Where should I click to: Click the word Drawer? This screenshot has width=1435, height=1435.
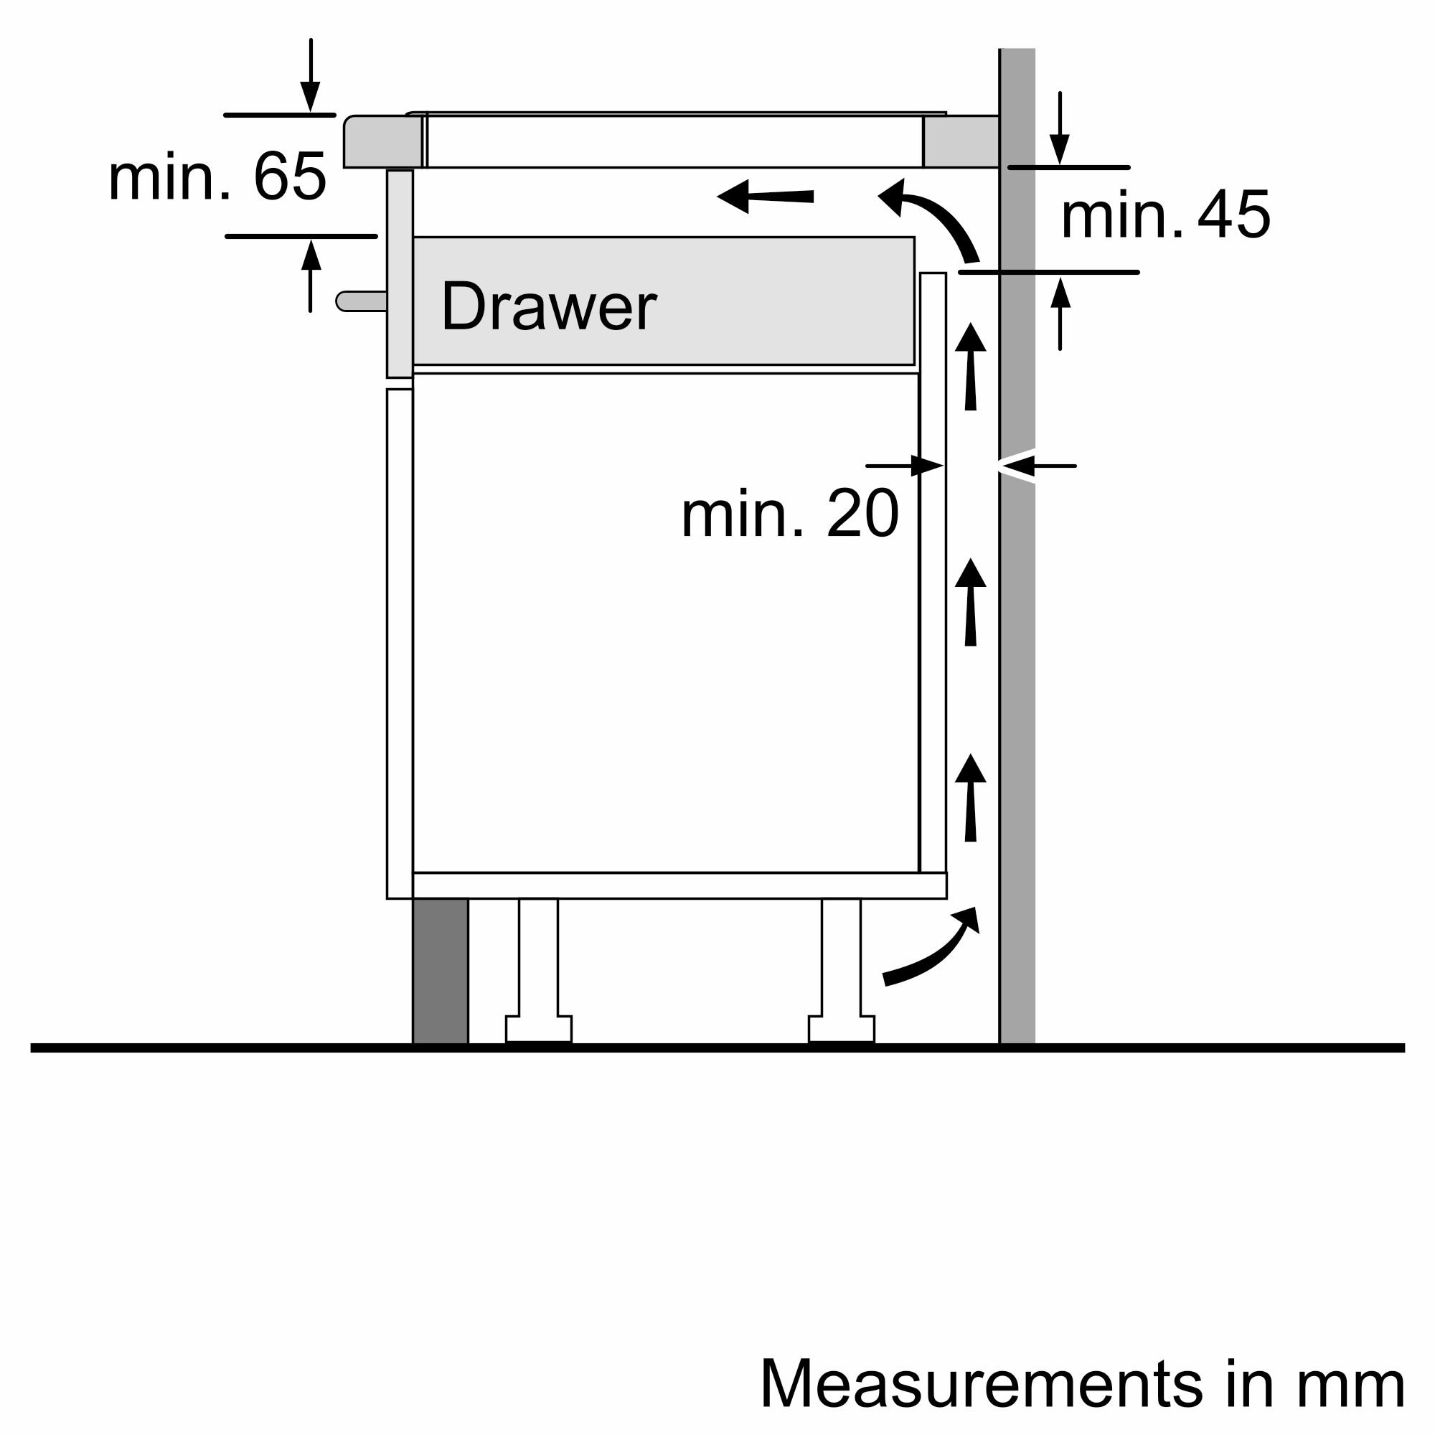pyautogui.click(x=548, y=307)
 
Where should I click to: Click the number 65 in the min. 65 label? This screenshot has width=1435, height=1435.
pyautogui.click(x=290, y=177)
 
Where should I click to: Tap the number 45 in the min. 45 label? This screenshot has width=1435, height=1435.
pyautogui.click(x=1233, y=215)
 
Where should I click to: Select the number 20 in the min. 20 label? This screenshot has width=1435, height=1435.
pyautogui.click(x=862, y=514)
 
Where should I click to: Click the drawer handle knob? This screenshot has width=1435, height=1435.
pyautogui.click(x=360, y=301)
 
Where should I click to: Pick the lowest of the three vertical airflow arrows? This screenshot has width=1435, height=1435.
pyautogui.click(x=970, y=799)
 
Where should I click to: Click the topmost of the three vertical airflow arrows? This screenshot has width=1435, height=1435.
pyautogui.click(x=970, y=367)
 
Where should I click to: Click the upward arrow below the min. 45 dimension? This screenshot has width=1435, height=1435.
pyautogui.click(x=1060, y=312)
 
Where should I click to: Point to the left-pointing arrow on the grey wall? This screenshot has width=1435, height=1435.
pyautogui.click(x=1036, y=466)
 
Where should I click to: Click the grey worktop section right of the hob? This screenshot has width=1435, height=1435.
pyautogui.click(x=961, y=141)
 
